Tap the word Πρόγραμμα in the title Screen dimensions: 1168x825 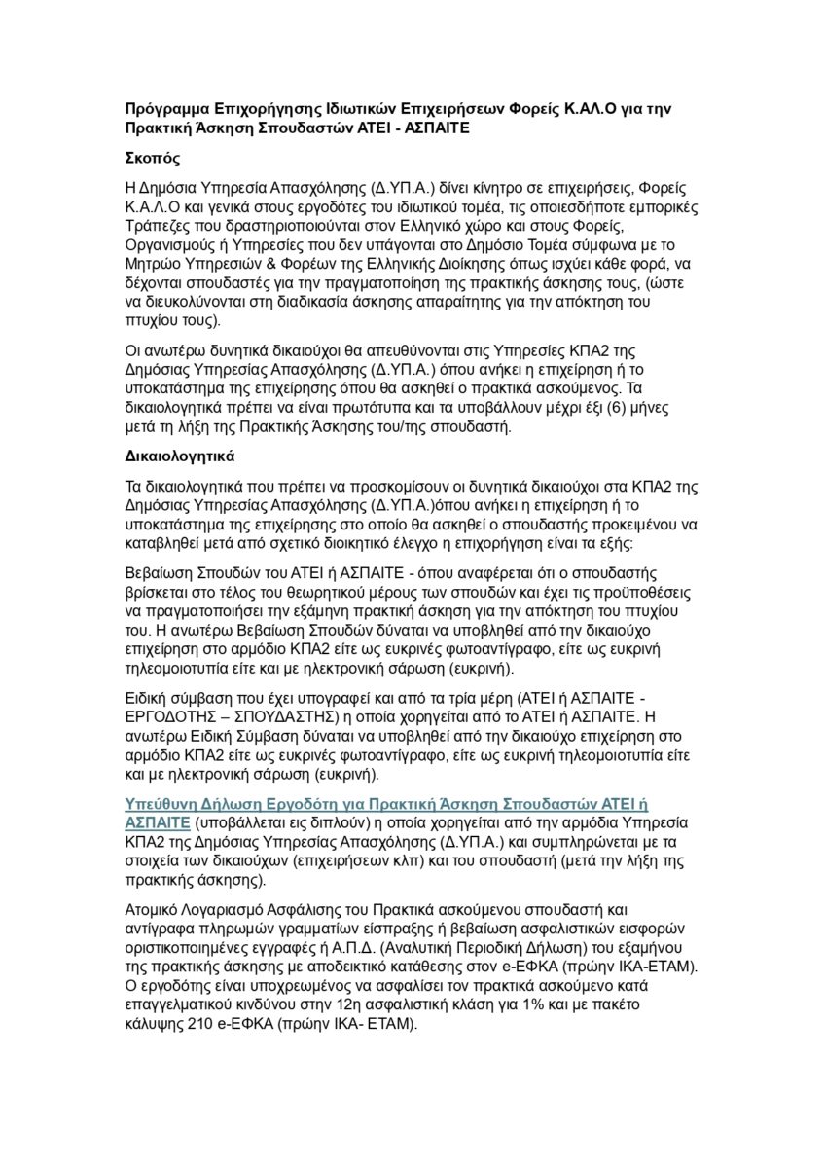(170, 106)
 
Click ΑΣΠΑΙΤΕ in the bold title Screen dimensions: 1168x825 (434, 127)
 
